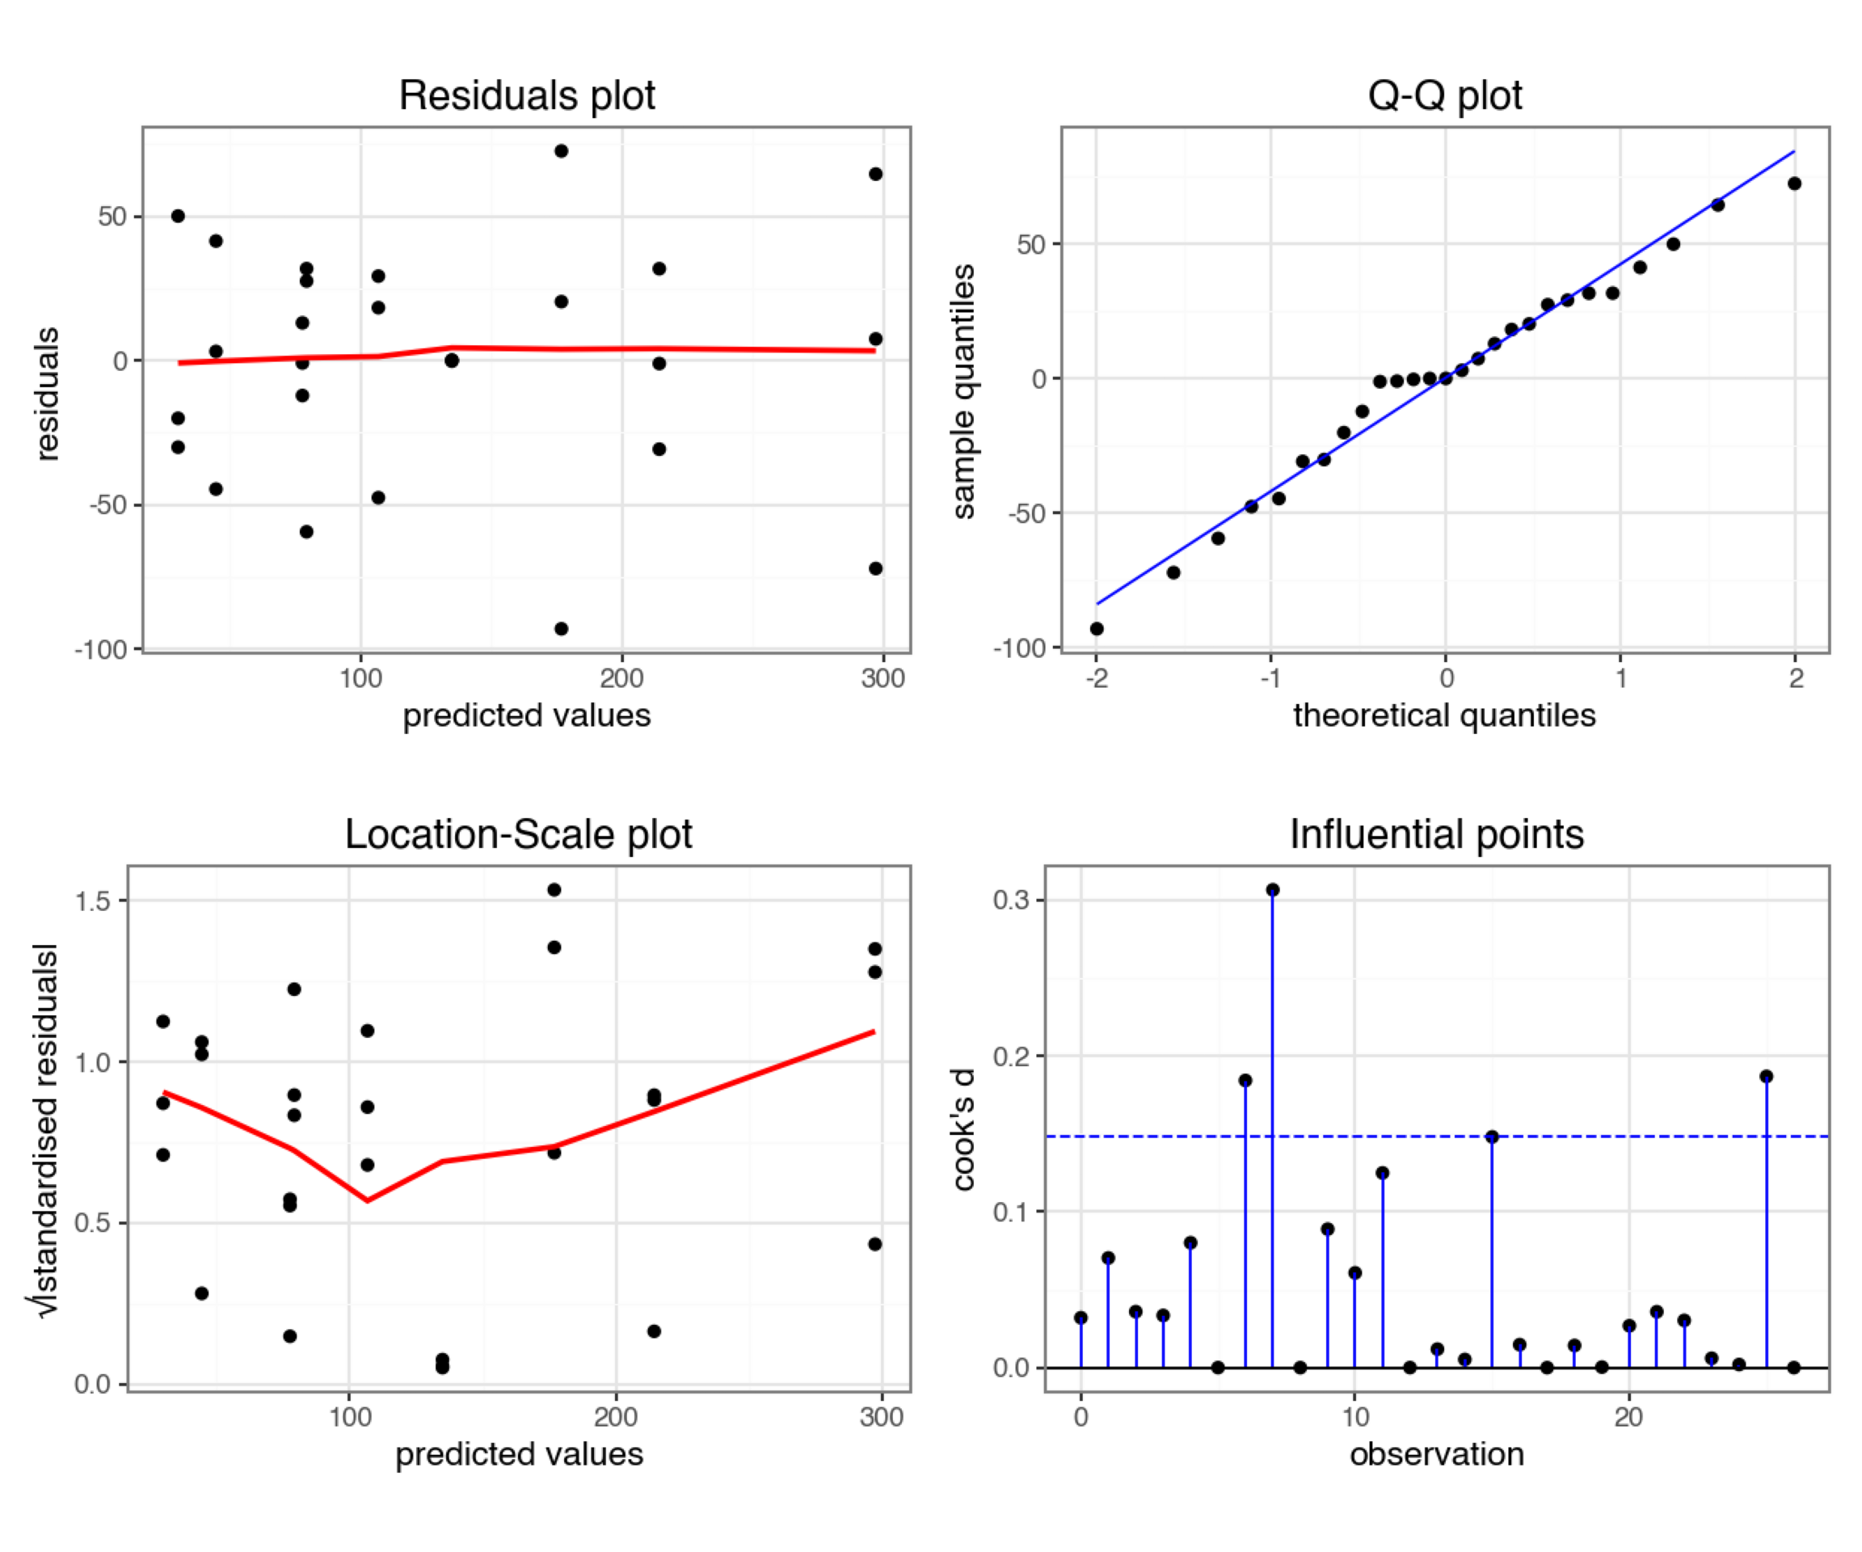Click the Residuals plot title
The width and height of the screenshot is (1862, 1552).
[x=527, y=95]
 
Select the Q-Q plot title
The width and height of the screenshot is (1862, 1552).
[x=1444, y=95]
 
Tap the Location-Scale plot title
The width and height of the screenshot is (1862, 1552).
[x=518, y=834]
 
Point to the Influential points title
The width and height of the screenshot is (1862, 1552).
[x=1436, y=834]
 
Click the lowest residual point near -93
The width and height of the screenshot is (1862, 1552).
[x=561, y=629]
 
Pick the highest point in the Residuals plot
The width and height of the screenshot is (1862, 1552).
[x=561, y=151]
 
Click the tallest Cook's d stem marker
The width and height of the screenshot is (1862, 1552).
[x=1272, y=889]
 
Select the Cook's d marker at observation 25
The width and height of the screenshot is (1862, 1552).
[x=1767, y=1076]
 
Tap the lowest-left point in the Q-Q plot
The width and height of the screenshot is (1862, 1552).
[x=1097, y=629]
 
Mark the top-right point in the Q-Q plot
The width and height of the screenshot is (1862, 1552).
[x=1795, y=183]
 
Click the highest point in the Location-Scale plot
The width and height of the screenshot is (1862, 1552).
[x=554, y=889]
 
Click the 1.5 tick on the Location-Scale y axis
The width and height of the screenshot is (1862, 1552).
[x=93, y=901]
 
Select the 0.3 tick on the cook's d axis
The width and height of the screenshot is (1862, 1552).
[x=1012, y=900]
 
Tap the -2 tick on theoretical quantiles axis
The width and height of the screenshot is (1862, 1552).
[x=1097, y=678]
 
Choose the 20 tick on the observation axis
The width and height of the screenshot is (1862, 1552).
[x=1628, y=1417]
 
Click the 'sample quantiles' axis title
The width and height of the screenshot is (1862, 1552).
[x=964, y=390]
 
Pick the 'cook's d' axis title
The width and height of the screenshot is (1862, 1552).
[x=964, y=1129]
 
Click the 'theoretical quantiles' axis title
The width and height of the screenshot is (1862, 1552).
[x=1444, y=715]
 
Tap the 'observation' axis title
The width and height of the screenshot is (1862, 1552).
[x=1436, y=1454]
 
